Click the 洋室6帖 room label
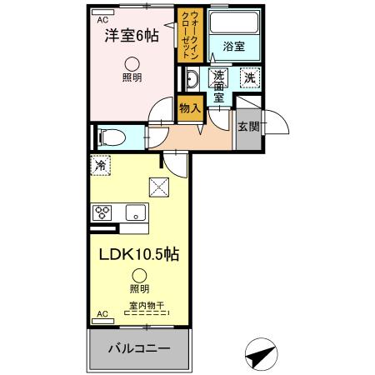coord(130,37)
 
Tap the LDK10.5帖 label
coord(137,252)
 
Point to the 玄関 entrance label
coord(247,127)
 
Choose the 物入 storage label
coord(191,107)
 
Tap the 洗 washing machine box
coord(248,78)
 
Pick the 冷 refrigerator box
coord(100,166)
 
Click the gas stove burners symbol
coord(102,212)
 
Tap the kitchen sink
coord(135,212)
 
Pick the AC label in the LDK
coord(102,313)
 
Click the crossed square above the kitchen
coord(157,187)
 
